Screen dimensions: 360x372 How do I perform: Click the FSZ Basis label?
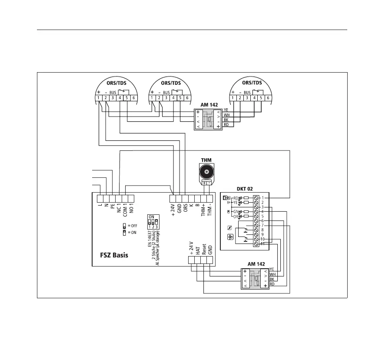click(111, 255)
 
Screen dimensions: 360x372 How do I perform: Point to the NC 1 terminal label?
click(118, 211)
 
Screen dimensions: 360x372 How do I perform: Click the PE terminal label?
click(112, 208)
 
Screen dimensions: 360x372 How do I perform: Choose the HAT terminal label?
click(198, 250)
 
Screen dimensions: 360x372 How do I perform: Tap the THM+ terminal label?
click(203, 211)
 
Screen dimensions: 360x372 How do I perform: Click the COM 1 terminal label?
click(125, 212)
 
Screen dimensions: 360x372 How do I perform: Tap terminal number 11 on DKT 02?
click(262, 244)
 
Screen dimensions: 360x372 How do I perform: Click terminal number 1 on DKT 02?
click(262, 198)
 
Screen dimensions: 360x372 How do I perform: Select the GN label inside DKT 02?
click(236, 211)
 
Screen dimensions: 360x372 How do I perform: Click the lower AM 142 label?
click(256, 264)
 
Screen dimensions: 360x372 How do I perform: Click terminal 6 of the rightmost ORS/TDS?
click(268, 98)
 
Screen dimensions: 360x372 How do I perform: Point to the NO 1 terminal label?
click(131, 211)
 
